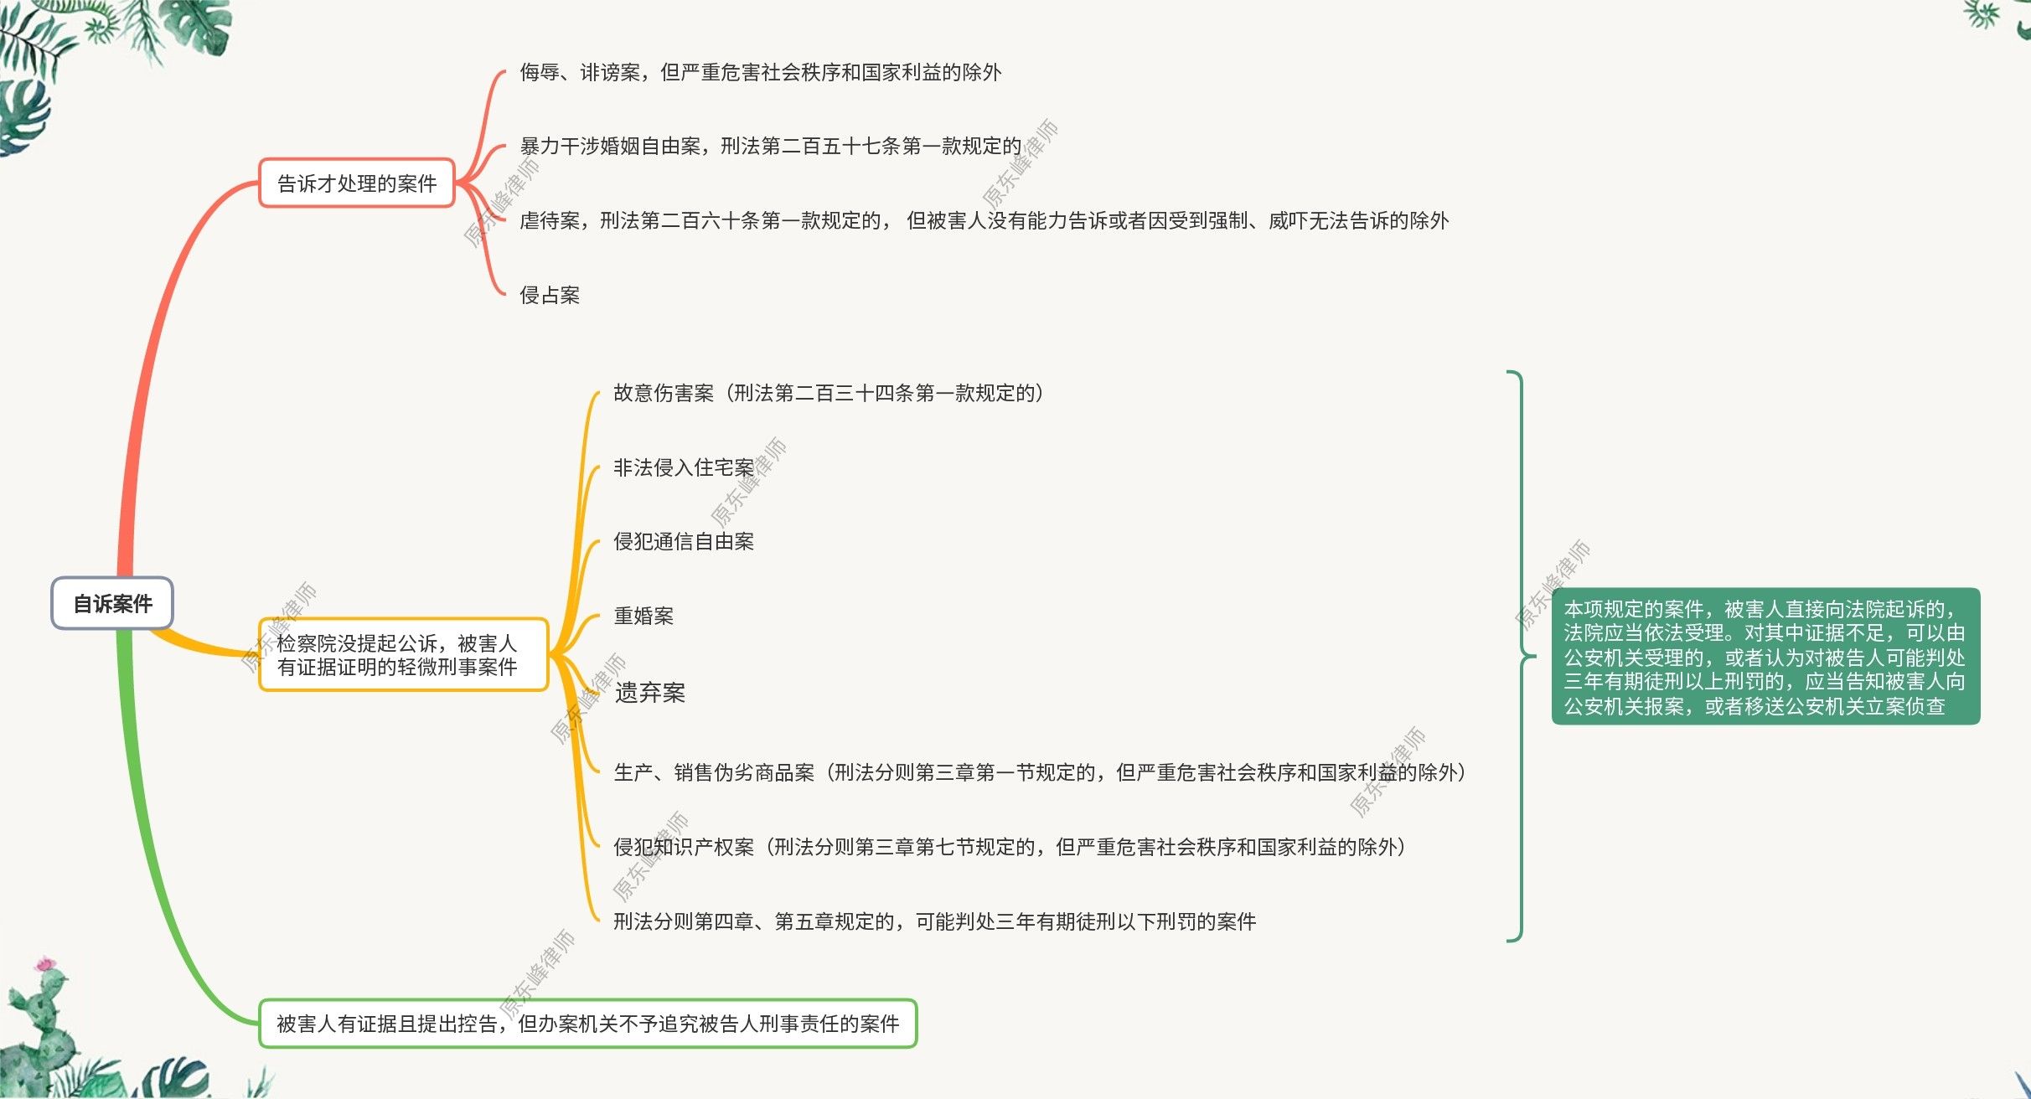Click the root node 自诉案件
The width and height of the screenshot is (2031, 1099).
coord(112,603)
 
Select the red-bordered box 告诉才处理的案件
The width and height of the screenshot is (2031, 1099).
coord(357,183)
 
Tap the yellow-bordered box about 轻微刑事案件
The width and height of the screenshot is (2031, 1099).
coord(402,655)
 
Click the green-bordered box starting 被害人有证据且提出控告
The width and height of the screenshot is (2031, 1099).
coord(587,1023)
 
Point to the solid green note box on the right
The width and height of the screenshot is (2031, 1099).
coord(1765,657)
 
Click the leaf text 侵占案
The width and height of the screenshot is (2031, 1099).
coord(550,295)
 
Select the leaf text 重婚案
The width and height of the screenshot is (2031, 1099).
coord(643,616)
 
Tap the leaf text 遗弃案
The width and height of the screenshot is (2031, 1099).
coord(650,693)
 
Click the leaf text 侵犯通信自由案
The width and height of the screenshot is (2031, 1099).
coord(684,541)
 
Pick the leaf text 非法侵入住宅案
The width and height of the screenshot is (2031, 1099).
coord(684,467)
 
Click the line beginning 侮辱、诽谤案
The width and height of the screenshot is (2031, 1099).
coord(760,73)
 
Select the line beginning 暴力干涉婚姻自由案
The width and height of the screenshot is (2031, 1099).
coord(770,147)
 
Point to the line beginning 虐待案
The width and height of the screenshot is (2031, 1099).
coord(984,220)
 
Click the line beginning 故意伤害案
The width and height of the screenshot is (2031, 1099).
coord(828,393)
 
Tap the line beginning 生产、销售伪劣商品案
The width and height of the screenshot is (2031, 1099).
coord(1039,772)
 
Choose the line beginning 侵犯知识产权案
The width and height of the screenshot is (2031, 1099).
coord(1009,847)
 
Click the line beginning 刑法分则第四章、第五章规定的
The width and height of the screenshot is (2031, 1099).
coord(934,921)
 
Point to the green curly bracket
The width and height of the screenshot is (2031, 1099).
coord(1521,657)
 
